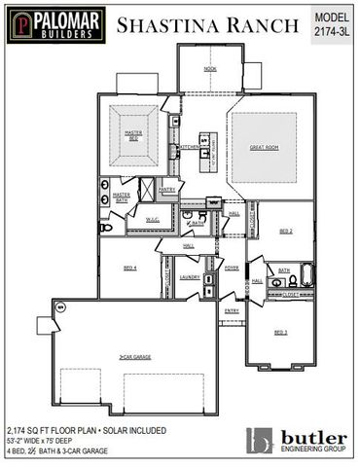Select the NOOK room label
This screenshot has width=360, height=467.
tap(209, 69)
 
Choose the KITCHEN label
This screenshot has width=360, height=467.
tap(188, 147)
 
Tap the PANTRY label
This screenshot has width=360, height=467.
tap(166, 190)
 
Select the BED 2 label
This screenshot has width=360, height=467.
tap(286, 231)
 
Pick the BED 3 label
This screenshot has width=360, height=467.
tap(281, 332)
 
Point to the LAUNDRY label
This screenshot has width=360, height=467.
tap(190, 277)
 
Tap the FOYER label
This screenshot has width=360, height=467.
tap(232, 267)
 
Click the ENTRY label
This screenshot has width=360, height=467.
tap(232, 310)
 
